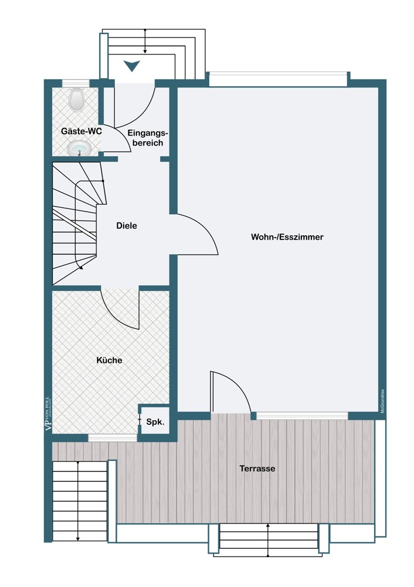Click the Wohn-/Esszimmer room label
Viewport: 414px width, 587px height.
point(287,237)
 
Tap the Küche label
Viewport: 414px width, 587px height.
point(110,360)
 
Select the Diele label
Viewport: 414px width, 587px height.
point(126,225)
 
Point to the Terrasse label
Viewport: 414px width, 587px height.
point(257,468)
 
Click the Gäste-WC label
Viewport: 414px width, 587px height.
point(82,131)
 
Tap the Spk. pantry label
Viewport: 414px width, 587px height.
point(155,422)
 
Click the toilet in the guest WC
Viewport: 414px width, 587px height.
point(77,99)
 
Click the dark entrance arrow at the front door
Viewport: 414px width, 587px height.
point(132,66)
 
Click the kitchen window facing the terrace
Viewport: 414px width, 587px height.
point(113,437)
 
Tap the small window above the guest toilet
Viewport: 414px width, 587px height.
point(75,83)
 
